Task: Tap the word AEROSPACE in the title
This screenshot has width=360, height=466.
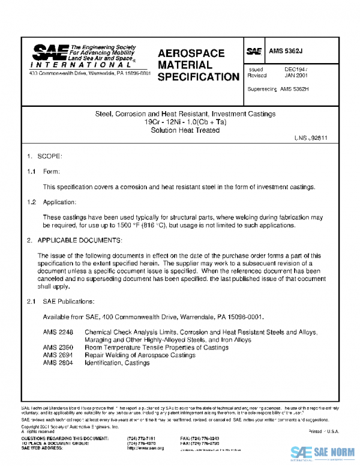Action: point(191,53)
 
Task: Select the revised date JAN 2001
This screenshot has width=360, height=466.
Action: point(295,76)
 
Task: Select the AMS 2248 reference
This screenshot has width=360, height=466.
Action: point(58,332)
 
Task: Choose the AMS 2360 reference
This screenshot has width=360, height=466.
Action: point(58,347)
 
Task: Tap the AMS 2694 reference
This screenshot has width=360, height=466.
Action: point(58,355)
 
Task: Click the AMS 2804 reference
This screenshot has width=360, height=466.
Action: point(58,363)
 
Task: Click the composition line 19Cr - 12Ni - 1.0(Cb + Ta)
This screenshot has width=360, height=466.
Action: point(185,122)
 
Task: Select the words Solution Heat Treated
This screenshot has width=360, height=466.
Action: point(185,130)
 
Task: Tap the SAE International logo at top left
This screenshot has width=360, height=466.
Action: point(84,58)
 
